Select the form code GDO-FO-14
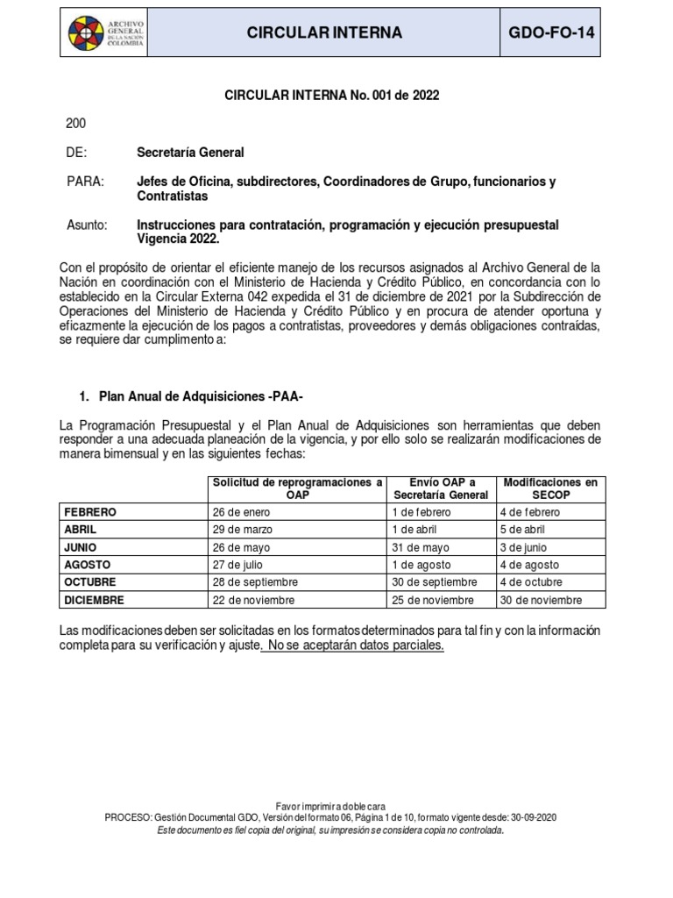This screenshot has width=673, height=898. (x=557, y=33)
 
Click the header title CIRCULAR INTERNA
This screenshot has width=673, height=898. (x=324, y=33)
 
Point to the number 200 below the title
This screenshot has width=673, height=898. (x=77, y=124)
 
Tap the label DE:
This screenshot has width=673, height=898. (x=77, y=153)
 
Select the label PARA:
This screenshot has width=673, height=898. (x=85, y=182)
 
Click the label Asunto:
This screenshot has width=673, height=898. (x=87, y=225)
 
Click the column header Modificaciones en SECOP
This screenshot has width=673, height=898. (x=550, y=488)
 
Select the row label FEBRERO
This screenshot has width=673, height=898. (x=90, y=512)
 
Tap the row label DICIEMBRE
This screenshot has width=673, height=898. (x=94, y=600)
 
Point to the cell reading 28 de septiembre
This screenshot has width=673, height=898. (x=255, y=582)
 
